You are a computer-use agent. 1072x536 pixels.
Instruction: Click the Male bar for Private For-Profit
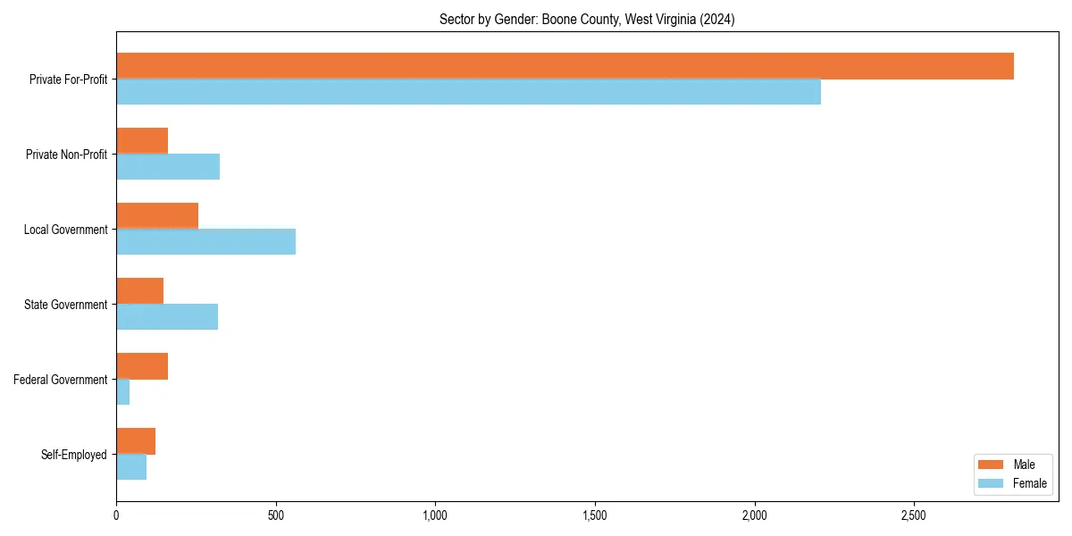565,66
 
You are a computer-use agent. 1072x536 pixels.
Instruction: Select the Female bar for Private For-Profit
468,92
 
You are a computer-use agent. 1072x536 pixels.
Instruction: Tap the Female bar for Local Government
205,242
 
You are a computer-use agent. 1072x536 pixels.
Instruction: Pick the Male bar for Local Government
157,216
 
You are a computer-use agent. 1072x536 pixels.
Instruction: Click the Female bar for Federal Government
123,392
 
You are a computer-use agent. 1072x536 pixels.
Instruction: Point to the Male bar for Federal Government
142,366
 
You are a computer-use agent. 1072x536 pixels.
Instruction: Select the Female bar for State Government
167,317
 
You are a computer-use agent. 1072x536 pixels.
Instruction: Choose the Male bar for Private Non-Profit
142,141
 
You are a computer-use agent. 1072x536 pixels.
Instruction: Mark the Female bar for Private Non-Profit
168,167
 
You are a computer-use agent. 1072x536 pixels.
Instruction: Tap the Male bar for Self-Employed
136,441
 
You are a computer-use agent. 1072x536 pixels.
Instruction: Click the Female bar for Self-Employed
131,467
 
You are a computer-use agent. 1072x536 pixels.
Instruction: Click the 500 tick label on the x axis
275,516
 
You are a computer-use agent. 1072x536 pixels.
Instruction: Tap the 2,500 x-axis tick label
914,516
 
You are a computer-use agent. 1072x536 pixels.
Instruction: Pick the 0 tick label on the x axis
116,516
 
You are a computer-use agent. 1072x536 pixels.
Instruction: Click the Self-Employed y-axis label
74,455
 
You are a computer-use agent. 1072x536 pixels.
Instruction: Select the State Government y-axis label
66,305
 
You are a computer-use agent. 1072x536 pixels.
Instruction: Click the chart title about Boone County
587,20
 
